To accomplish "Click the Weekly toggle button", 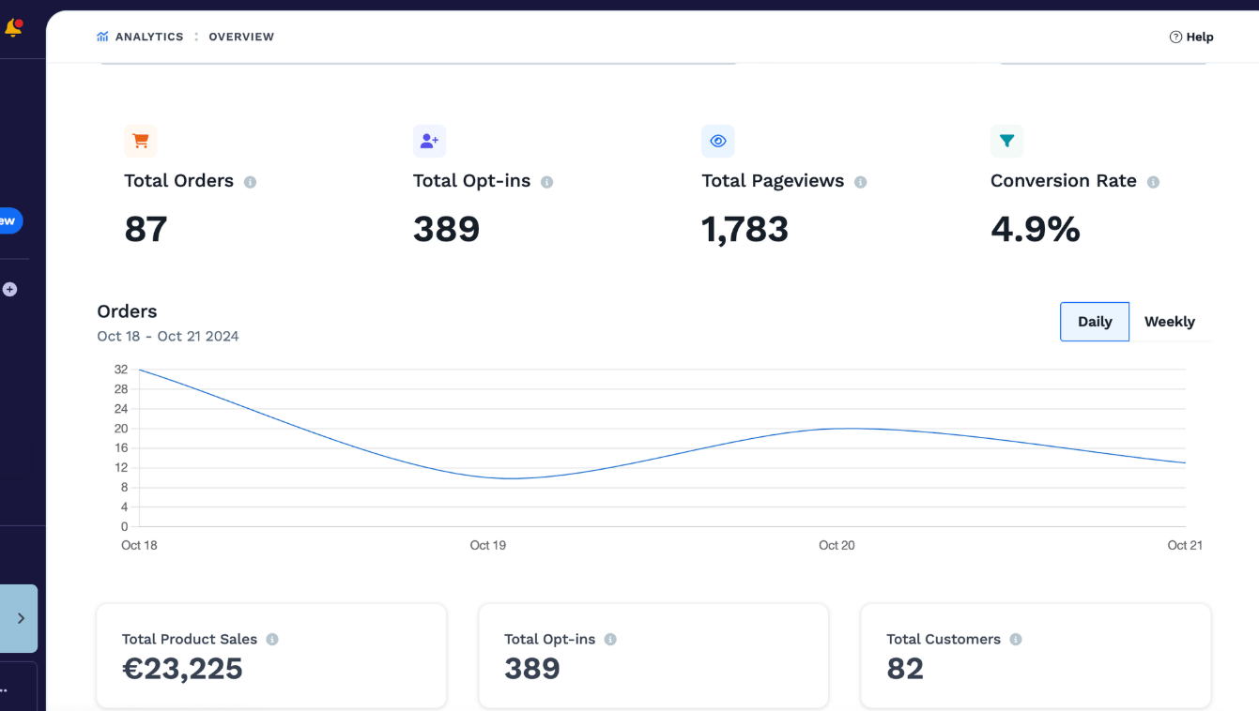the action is point(1170,322).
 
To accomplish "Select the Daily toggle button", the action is point(1095,322).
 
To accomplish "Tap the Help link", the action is point(1191,38).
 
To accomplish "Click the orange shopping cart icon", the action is point(141,141).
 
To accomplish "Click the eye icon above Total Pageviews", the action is point(717,141).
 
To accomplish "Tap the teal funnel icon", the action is point(1006,141).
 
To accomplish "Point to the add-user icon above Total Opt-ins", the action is point(429,141).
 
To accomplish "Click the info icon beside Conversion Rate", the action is point(1153,182).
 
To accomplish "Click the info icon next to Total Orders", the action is point(250,182).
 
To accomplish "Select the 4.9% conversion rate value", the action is point(1036,229).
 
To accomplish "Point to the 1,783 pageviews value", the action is point(745,230).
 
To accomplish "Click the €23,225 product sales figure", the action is point(182,668).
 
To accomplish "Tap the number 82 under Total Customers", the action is point(905,668).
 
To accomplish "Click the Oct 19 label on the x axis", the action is point(488,545).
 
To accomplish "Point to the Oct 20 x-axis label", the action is point(837,545).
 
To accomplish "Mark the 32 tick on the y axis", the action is point(121,370).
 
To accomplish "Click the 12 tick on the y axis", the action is point(121,468).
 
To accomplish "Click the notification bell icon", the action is point(13,27).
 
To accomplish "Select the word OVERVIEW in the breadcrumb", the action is point(241,38).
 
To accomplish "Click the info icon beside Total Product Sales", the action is point(272,639).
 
